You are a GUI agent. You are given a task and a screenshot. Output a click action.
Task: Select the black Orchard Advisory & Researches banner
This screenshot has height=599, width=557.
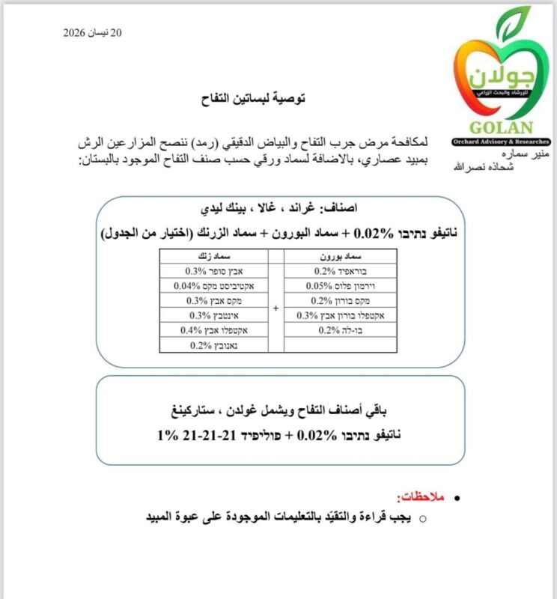point(501,142)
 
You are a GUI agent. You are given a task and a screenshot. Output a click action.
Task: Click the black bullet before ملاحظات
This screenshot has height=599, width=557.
point(458,498)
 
